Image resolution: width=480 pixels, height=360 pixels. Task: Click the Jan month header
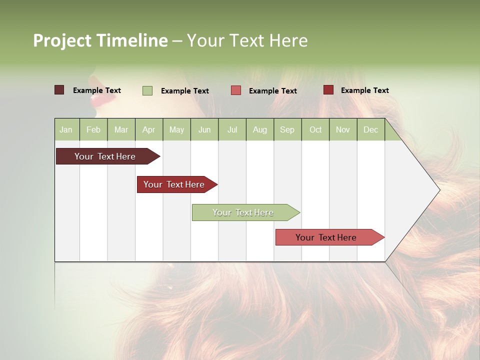[x=66, y=129]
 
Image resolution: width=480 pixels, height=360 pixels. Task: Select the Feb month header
[x=93, y=129]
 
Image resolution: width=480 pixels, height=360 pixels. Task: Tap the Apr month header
[x=148, y=129]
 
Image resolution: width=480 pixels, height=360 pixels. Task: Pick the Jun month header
[x=204, y=129]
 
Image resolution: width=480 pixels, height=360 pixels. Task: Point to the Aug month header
[x=259, y=129]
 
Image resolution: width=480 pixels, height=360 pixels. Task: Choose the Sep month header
[x=287, y=129]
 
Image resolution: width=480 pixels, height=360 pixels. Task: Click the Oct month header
[x=315, y=129]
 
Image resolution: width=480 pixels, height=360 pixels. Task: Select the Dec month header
[x=370, y=129]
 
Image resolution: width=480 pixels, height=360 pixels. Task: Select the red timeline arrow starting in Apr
[x=175, y=184]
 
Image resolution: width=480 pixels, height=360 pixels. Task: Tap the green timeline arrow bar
[x=244, y=212]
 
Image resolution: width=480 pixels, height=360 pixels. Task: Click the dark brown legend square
[x=59, y=90]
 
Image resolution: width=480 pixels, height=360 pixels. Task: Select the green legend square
[x=147, y=90]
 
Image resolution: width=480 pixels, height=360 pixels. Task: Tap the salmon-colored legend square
[x=236, y=90]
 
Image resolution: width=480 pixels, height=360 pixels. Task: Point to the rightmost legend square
[x=328, y=90]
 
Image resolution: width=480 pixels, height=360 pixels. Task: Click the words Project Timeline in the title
[x=100, y=40]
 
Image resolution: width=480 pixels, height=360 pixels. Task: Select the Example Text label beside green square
[x=184, y=91]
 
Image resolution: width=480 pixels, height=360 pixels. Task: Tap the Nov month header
[x=343, y=129]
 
